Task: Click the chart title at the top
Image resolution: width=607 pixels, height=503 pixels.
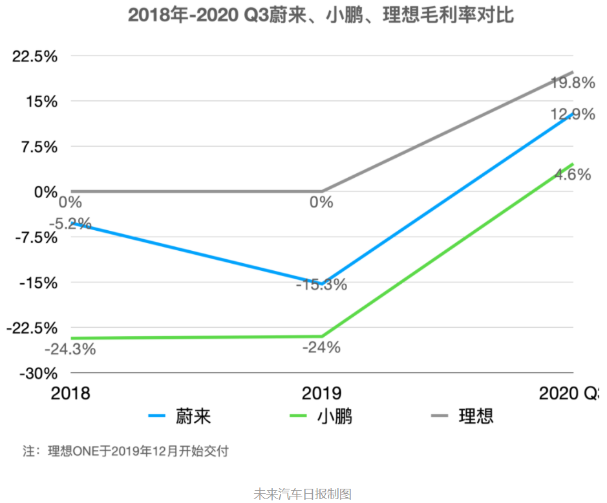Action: [321, 15]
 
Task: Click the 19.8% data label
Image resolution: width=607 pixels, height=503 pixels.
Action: [572, 83]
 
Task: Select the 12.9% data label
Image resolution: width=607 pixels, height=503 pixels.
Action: [572, 115]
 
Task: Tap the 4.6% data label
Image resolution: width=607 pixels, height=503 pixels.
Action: [573, 175]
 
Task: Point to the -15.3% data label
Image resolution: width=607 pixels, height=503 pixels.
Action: [321, 284]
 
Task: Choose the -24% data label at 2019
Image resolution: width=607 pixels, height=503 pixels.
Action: [321, 347]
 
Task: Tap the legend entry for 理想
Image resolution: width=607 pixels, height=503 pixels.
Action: [463, 416]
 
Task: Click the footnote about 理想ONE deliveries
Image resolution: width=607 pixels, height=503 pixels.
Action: [125, 451]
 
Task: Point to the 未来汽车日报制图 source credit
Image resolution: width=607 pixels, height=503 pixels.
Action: [303, 494]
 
